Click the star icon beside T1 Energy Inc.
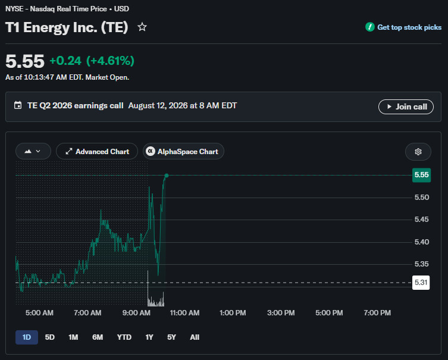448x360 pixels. point(142,27)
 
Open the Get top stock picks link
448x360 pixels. point(403,27)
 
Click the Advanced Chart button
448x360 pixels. point(97,151)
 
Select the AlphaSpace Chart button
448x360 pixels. point(183,151)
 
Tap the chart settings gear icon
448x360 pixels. point(418,152)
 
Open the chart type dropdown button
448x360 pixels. point(33,151)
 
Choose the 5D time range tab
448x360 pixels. point(50,337)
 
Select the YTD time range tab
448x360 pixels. point(124,337)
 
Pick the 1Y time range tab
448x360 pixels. point(149,337)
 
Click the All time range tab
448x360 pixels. point(195,337)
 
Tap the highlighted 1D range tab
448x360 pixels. point(27,337)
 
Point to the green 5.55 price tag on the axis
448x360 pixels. point(421,175)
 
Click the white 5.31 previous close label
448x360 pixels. point(421,283)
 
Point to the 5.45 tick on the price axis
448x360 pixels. point(421,220)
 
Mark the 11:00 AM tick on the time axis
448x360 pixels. point(184,313)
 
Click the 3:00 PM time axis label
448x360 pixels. point(281,313)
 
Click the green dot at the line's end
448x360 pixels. point(166,176)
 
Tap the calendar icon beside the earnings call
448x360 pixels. point(18,105)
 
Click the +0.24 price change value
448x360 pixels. point(65,61)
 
